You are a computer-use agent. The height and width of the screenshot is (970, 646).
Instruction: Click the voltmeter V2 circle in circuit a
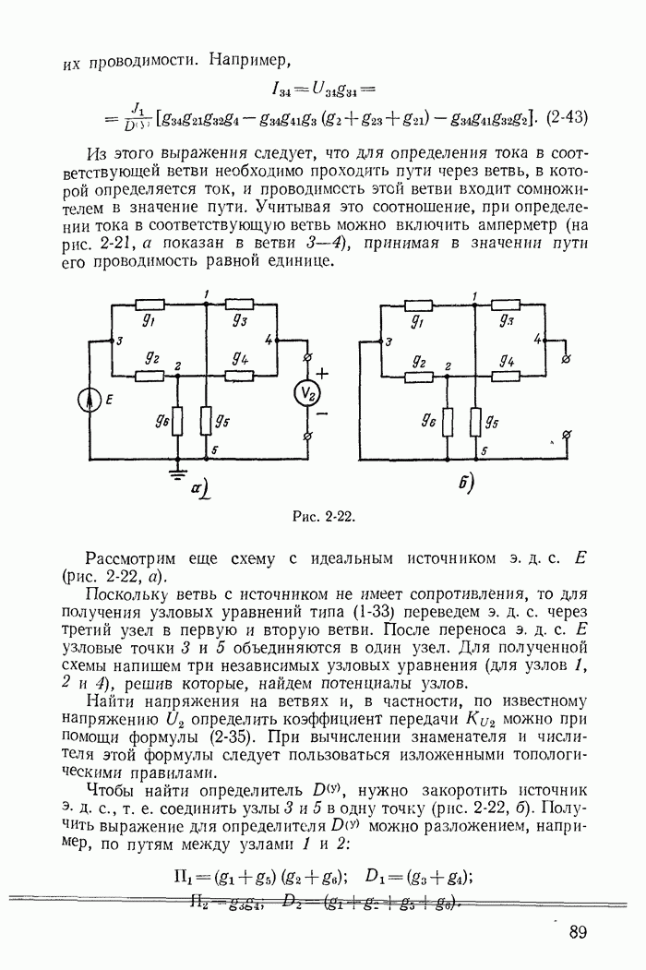coord(310,394)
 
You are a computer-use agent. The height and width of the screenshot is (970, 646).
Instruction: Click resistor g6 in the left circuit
coord(176,422)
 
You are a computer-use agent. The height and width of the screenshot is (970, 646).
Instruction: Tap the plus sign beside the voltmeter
coord(323,373)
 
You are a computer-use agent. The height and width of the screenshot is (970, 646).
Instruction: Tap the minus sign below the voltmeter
coord(322,416)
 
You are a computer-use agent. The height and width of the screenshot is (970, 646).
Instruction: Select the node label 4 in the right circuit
coord(538,339)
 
